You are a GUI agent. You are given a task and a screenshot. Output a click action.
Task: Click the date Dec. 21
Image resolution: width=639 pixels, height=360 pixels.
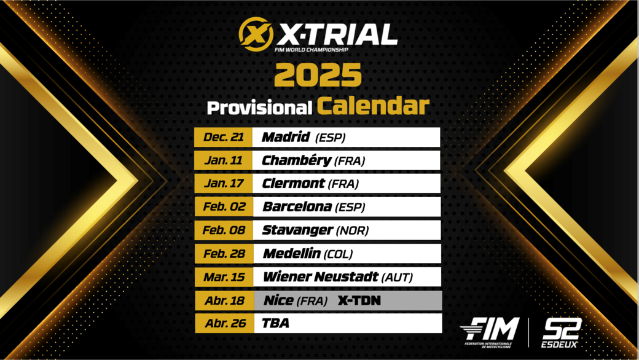pos(223,137)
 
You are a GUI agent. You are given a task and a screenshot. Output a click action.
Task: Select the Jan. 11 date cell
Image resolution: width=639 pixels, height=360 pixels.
pos(223,160)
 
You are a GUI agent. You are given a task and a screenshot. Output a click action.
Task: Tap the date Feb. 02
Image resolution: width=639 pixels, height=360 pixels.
pos(224,207)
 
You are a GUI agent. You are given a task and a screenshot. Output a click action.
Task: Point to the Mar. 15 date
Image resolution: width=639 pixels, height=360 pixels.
pos(224,277)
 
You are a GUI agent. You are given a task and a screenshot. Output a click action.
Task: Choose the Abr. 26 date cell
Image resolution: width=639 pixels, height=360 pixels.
pos(225,323)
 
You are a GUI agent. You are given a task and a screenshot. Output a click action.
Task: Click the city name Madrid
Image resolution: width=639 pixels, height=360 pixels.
pos(286,137)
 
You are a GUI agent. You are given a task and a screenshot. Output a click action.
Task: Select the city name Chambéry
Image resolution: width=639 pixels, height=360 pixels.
pos(296,160)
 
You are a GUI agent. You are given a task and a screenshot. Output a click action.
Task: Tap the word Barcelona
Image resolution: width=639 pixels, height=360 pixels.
pos(297,207)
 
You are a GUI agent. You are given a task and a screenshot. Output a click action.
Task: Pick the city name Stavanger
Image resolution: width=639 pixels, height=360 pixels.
pos(298,230)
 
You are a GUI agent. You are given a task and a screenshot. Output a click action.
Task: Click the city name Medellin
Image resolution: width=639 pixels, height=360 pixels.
pos(292,254)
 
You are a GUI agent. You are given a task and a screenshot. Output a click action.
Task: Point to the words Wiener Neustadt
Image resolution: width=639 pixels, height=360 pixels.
pos(321,277)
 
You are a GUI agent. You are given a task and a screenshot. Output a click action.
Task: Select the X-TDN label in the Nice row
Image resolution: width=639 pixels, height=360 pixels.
pos(359,300)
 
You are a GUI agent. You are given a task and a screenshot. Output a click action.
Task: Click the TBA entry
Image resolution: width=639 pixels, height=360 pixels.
pos(275,323)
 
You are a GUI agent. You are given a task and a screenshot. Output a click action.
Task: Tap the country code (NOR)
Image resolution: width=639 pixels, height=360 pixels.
pos(352,231)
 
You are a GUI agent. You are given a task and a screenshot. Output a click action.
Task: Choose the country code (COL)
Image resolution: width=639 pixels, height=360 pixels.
pos(338,254)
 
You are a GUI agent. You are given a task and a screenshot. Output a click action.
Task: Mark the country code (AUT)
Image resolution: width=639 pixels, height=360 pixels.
pos(397,278)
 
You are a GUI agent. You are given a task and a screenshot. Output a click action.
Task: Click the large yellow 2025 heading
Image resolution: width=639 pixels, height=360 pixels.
pos(318,74)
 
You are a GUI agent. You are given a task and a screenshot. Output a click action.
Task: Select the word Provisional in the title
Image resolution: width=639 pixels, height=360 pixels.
pos(259,108)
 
